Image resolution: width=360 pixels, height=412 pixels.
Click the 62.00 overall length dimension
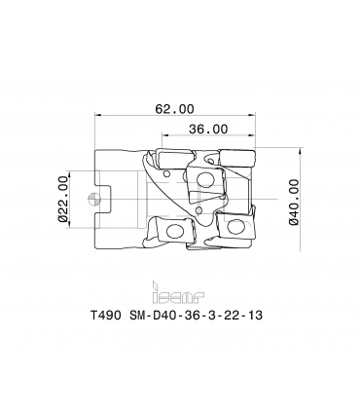point(174,109)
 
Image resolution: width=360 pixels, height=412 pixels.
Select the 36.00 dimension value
point(208,129)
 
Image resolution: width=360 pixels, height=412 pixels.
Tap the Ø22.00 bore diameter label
point(63,199)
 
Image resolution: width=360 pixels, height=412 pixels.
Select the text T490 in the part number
point(105,315)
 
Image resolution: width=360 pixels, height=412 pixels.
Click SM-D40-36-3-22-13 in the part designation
point(196,315)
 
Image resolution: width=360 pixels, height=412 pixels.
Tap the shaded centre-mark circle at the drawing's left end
point(93,199)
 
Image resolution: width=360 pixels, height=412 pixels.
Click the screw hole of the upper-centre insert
point(204,179)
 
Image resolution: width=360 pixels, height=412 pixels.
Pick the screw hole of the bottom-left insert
point(174,230)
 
